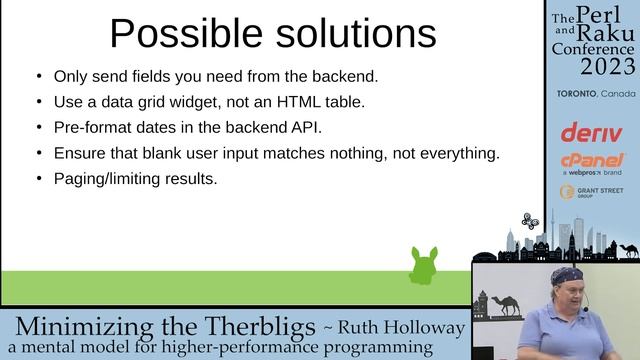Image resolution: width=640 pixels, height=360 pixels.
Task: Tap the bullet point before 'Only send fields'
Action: tap(39, 76)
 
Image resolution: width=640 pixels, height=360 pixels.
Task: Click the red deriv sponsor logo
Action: tap(591, 132)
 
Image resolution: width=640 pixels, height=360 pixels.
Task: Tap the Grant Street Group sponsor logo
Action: tap(592, 191)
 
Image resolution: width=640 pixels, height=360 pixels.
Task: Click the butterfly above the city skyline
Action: tap(530, 220)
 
